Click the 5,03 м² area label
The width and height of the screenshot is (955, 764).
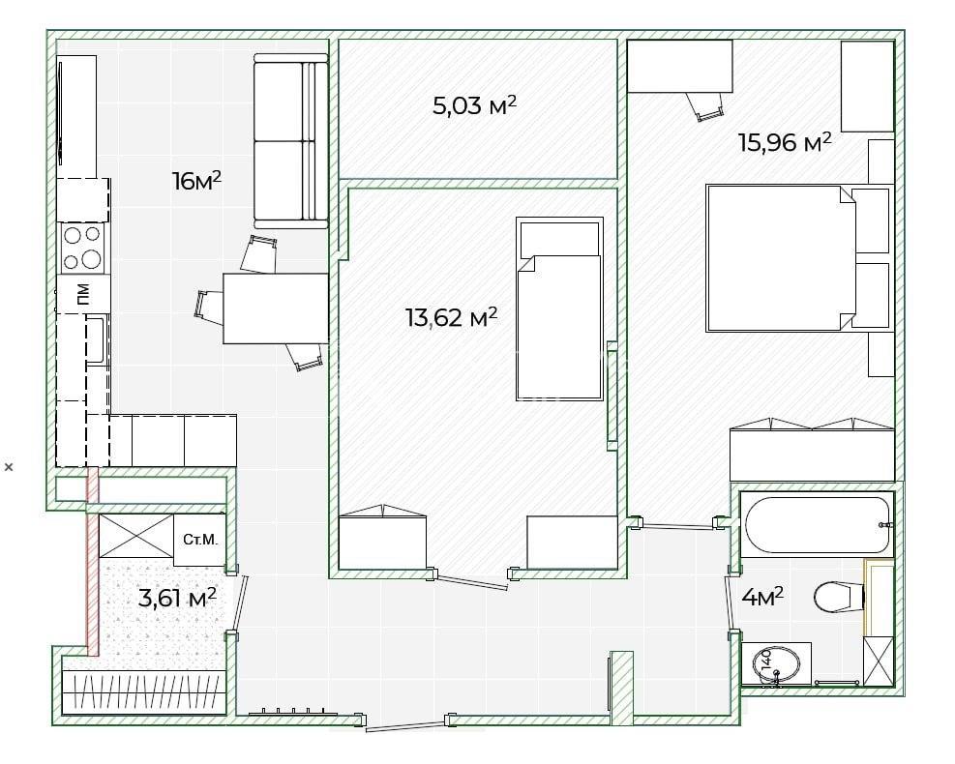[x=474, y=104]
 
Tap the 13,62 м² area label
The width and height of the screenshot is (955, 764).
[x=451, y=316]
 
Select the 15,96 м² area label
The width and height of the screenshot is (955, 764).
[x=785, y=142]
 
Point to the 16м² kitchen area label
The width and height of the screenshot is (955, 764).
[x=196, y=180]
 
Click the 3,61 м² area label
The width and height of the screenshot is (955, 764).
[x=177, y=598]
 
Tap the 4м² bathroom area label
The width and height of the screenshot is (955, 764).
[x=762, y=597]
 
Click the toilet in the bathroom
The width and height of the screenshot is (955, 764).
[x=839, y=597]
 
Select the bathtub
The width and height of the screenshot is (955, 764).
[x=817, y=525]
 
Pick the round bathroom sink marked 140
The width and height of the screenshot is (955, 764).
[x=777, y=665]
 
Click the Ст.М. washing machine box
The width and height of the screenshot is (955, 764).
[x=199, y=540]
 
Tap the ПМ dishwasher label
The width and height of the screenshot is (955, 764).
[x=83, y=293]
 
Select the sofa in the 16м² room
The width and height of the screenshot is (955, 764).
[x=290, y=141]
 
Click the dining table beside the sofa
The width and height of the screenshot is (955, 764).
[x=276, y=309]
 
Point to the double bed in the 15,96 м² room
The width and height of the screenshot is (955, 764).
[x=799, y=258]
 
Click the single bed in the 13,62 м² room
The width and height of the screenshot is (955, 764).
[x=559, y=309]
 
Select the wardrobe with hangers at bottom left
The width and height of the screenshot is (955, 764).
[x=144, y=692]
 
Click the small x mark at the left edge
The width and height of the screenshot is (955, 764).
[x=9, y=467]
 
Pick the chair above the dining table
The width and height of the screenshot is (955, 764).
[x=258, y=253]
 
